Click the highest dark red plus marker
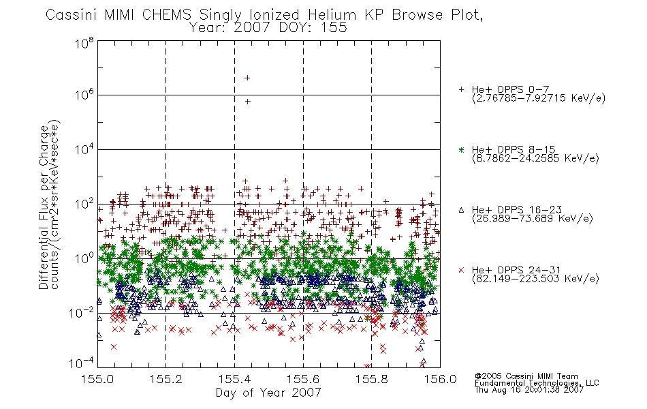pos(247,78)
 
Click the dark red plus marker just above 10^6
pos(248,101)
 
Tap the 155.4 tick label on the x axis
pos(235,379)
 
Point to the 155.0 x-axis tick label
pos(97,379)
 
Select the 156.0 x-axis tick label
pos(440,379)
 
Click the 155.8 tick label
pos(372,379)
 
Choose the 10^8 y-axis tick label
pos(84,43)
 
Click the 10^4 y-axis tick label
pos(84,149)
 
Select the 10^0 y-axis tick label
pos(84,258)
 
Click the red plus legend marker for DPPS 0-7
pos(461,89)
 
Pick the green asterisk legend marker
pos(461,149)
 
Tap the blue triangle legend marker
pos(461,210)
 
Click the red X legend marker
pos(461,270)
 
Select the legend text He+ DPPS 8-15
pos(514,149)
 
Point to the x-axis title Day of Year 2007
pos(268,393)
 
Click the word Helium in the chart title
pos(332,15)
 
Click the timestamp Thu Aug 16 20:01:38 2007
pos(529,390)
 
